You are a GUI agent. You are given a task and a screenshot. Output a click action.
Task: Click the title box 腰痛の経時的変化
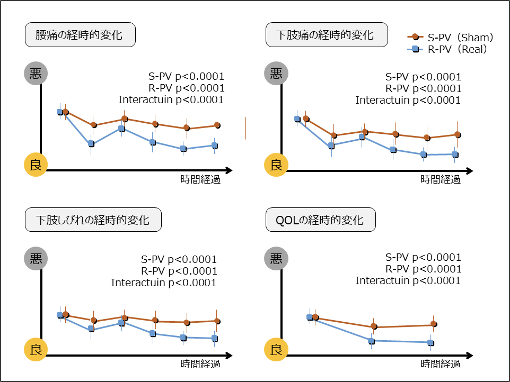(x=80, y=35)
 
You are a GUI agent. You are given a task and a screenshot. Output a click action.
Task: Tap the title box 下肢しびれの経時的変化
(x=93, y=220)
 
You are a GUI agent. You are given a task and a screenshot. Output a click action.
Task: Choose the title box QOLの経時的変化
(x=320, y=220)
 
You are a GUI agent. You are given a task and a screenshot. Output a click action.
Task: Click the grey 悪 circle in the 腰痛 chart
(x=36, y=74)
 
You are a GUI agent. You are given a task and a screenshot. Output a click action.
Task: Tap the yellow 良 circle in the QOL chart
(x=276, y=349)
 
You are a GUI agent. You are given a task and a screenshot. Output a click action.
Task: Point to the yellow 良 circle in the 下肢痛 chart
(x=276, y=165)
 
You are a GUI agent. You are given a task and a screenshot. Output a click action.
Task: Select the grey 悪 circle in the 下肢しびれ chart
(x=36, y=259)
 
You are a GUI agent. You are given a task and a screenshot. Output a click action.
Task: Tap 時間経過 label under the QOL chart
(x=441, y=364)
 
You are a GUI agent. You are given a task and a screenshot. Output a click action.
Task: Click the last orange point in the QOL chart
(x=434, y=324)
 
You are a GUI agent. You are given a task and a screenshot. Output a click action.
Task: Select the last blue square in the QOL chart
(x=430, y=343)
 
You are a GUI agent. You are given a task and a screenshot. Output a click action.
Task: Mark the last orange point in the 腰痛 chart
(x=217, y=125)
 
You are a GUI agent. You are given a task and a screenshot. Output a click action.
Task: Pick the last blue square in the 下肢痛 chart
(x=455, y=154)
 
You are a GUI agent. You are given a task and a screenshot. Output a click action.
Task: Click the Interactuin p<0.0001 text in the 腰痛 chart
(x=171, y=99)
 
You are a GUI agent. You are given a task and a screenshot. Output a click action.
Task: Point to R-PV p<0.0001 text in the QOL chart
(x=424, y=269)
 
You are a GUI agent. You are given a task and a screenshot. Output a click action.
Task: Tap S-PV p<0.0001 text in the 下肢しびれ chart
(x=179, y=259)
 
